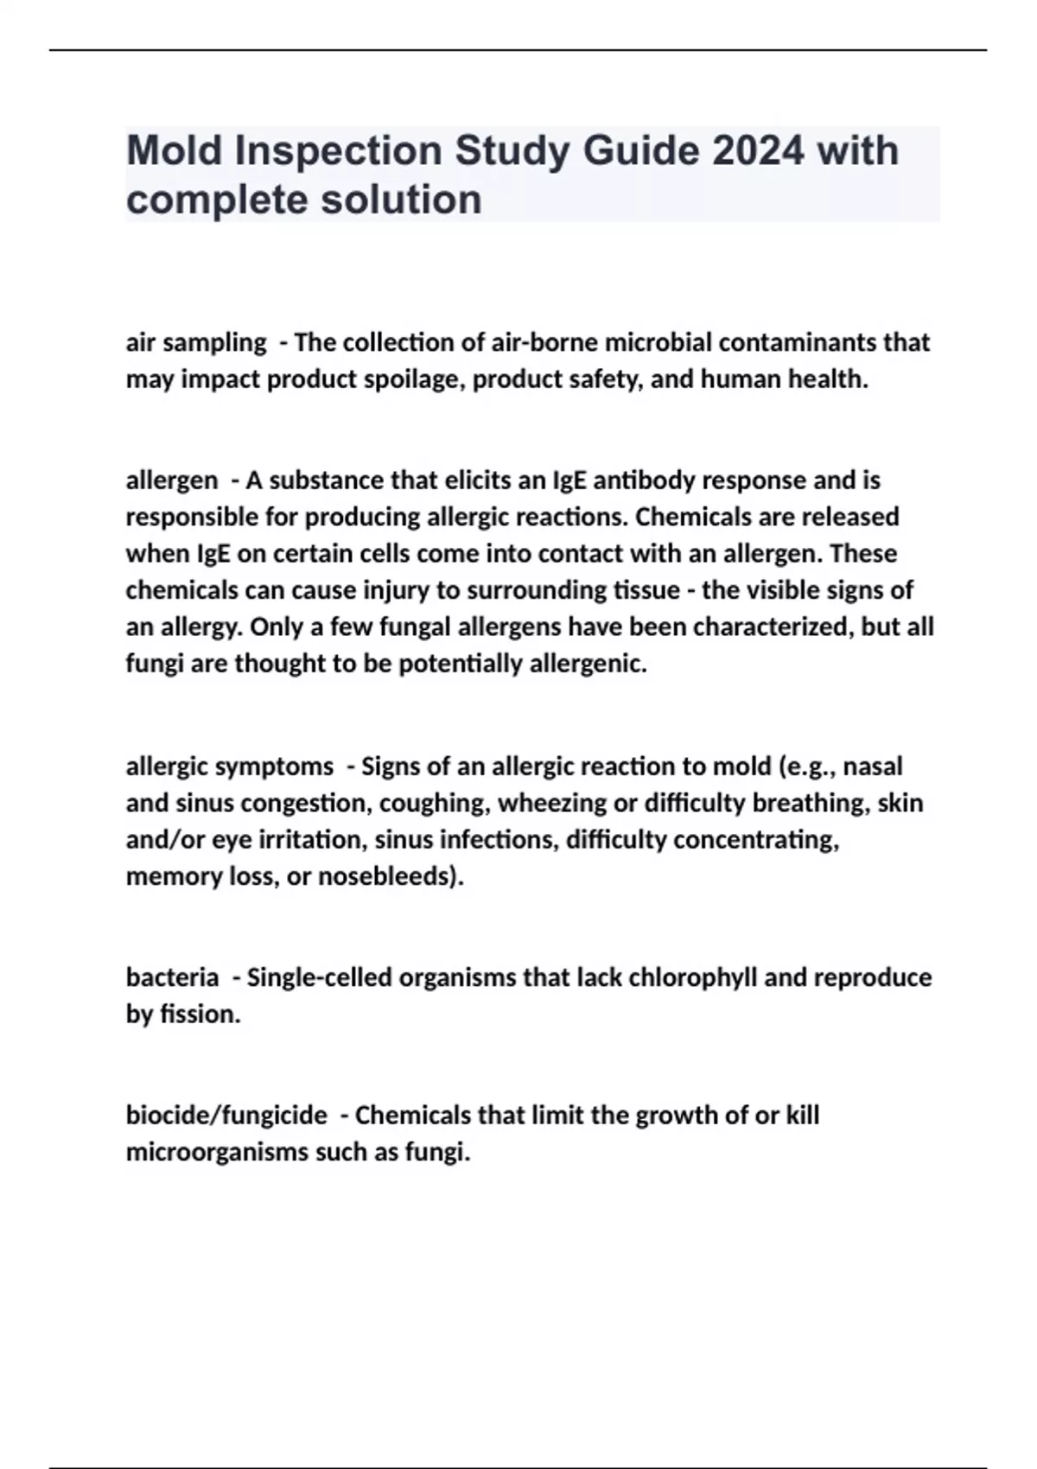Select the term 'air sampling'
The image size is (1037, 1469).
click(196, 343)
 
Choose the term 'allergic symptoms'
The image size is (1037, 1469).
click(229, 766)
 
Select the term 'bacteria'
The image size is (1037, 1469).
click(172, 977)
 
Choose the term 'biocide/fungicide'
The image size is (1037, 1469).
click(226, 1116)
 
